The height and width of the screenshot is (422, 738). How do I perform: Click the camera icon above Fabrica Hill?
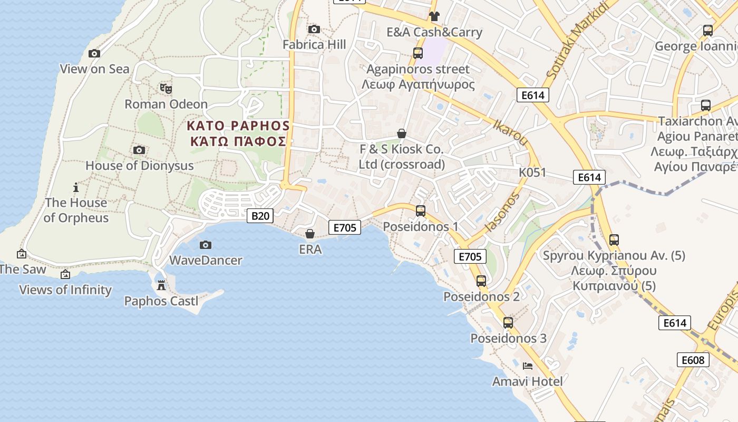[314, 29]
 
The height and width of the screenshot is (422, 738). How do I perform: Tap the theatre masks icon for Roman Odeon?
[166, 89]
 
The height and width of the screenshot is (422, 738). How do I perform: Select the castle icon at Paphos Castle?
[161, 285]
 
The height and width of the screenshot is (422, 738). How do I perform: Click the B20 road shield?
[260, 215]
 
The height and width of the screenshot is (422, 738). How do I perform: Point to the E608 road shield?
[693, 360]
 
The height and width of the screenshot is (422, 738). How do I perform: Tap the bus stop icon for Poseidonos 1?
[421, 211]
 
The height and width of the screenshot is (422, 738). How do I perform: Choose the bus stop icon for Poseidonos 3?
[508, 323]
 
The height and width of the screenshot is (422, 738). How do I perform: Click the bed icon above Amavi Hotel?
[527, 366]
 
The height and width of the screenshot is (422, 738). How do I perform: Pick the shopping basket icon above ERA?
[310, 233]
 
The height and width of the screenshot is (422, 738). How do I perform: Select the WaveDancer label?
[206, 260]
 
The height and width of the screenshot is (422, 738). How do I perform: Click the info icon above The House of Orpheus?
[76, 187]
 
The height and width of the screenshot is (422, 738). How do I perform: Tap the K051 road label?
[532, 172]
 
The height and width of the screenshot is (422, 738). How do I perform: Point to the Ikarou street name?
[510, 132]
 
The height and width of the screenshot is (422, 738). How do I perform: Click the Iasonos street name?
[502, 212]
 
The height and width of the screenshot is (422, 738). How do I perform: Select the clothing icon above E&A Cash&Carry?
[434, 16]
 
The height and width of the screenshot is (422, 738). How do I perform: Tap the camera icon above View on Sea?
[94, 53]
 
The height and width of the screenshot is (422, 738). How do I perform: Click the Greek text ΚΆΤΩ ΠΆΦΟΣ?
[238, 141]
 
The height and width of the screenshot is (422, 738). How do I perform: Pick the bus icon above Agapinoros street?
[418, 53]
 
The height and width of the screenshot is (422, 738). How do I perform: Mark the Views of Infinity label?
[65, 290]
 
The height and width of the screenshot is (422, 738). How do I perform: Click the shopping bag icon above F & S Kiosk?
[402, 133]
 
